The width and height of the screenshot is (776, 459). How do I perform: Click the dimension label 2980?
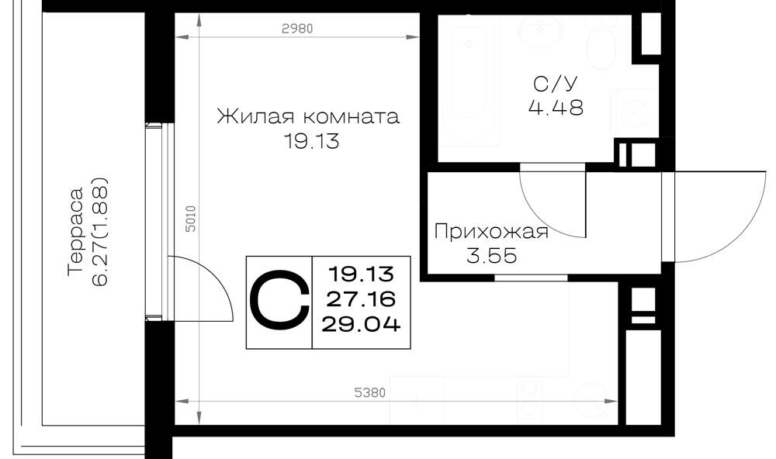click(x=297, y=29)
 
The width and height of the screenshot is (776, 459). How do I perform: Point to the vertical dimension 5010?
click(x=191, y=219)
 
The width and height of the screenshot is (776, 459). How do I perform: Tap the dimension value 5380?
click(x=369, y=393)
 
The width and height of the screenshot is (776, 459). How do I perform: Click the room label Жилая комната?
click(x=308, y=117)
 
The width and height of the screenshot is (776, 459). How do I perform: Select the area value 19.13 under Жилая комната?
click(x=311, y=142)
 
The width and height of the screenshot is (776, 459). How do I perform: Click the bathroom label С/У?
click(x=556, y=84)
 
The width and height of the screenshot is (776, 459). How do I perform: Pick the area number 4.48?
click(x=556, y=107)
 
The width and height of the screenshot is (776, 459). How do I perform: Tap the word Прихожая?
click(x=491, y=232)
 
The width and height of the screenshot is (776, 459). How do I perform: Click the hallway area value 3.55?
click(x=491, y=256)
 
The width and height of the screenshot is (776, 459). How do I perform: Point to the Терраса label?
click(x=75, y=230)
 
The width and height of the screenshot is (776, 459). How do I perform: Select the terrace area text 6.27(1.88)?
click(x=99, y=230)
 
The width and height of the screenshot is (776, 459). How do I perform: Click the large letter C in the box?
click(x=279, y=302)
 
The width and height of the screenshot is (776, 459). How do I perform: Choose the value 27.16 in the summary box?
click(x=361, y=299)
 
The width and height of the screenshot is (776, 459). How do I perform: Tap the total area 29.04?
click(x=361, y=324)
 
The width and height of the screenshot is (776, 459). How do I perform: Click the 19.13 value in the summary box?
click(x=361, y=273)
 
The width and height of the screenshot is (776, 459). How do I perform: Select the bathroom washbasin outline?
click(x=540, y=31)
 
